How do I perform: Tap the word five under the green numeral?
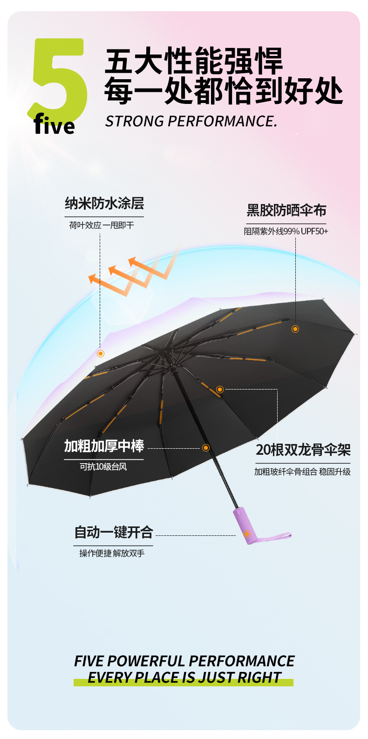(x=54, y=125)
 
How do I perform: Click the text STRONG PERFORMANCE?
(x=191, y=121)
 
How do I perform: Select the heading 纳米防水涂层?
(x=104, y=204)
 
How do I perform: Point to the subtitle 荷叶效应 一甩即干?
(x=102, y=225)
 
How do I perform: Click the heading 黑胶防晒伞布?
(x=286, y=210)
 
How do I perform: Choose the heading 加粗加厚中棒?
(x=104, y=446)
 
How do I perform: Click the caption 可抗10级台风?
(x=103, y=466)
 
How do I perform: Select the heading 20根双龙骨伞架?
(x=303, y=450)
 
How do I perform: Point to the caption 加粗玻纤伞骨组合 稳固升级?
(x=302, y=472)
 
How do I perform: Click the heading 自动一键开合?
(x=114, y=532)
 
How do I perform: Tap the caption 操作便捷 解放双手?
(x=112, y=553)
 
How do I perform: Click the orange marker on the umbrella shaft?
(x=206, y=448)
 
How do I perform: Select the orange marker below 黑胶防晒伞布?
(x=295, y=329)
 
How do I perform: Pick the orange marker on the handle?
(x=247, y=534)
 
